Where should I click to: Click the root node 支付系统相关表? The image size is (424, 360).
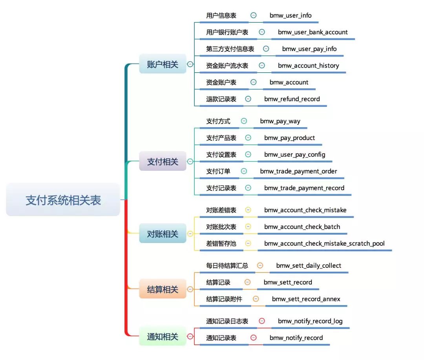coord(63,200)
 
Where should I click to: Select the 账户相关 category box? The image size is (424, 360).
coord(163,64)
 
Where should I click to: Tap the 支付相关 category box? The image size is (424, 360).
coord(163,161)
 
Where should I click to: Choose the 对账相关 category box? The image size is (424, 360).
coord(163,234)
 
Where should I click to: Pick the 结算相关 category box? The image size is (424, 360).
coord(163,289)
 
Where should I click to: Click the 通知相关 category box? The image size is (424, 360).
coord(163,336)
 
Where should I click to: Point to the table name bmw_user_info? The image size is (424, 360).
coord(291,15)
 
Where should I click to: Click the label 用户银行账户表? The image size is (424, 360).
coord(227,32)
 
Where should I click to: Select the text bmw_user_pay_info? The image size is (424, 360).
coord(309,49)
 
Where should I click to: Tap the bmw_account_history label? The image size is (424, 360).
coord(308,66)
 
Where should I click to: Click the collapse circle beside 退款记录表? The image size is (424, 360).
coord(248,99)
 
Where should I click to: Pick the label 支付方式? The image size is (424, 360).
coord(218,121)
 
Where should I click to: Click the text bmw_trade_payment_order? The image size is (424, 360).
coord(298,171)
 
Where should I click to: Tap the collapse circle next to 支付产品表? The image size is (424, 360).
coord(248,138)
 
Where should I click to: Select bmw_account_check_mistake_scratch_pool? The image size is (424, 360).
coord(324,243)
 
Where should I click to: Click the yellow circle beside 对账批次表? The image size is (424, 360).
coord(248,227)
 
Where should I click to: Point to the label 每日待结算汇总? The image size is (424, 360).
coord(227,266)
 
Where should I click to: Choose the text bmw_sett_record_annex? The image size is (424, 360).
coord(306,299)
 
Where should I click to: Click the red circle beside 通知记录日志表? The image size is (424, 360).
coord(262,321)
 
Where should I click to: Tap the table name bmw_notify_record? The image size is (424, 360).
coord(296,338)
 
